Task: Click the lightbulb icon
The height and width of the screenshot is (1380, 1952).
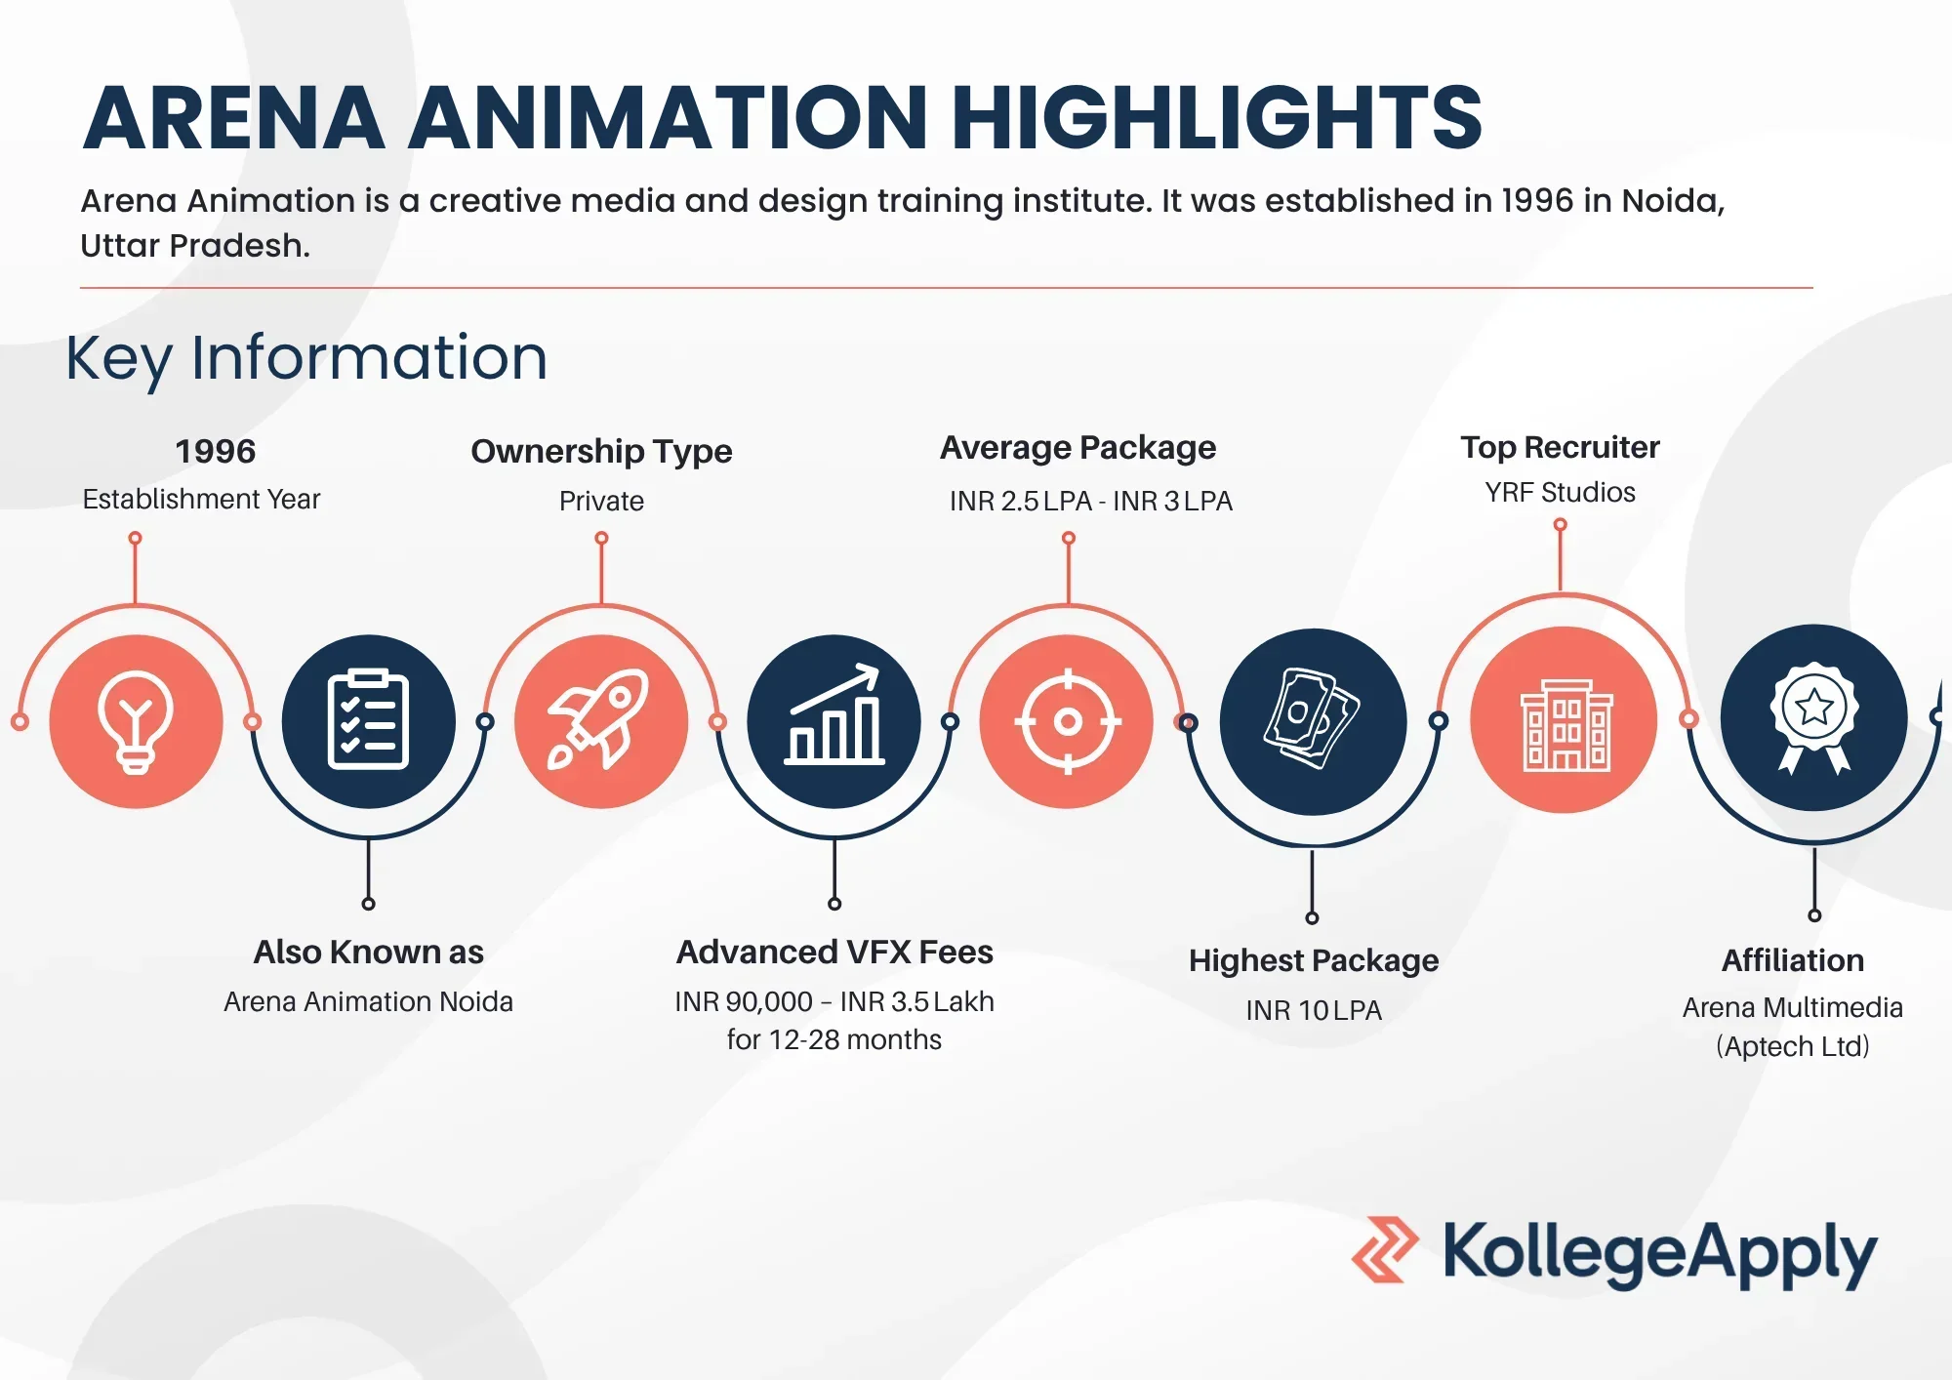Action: (x=136, y=722)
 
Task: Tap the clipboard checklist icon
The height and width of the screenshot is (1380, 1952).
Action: (x=368, y=720)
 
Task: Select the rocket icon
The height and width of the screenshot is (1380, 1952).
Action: (x=598, y=719)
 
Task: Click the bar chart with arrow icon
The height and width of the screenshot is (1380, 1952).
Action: (x=834, y=714)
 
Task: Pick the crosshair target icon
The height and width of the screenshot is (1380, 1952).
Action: (x=1068, y=721)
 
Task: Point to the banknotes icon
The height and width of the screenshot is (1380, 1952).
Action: (x=1312, y=718)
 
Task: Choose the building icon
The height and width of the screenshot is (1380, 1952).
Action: (x=1566, y=725)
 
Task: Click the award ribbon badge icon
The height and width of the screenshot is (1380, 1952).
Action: (x=1814, y=718)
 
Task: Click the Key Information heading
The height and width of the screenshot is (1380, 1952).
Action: (x=306, y=358)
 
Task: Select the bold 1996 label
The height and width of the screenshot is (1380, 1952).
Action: (x=215, y=451)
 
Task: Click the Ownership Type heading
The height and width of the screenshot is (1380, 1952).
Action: (x=601, y=452)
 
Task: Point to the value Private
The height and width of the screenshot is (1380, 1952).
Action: (x=601, y=501)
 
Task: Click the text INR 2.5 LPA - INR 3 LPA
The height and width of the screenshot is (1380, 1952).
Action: (x=1091, y=501)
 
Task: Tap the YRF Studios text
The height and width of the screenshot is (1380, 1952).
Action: (x=1560, y=492)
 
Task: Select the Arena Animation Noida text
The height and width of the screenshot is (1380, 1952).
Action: (x=368, y=1001)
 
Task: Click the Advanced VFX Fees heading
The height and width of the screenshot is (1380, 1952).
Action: (x=834, y=952)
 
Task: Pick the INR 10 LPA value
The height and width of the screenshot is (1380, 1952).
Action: (x=1314, y=1010)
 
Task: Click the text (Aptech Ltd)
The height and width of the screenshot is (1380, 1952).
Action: (x=1793, y=1046)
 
